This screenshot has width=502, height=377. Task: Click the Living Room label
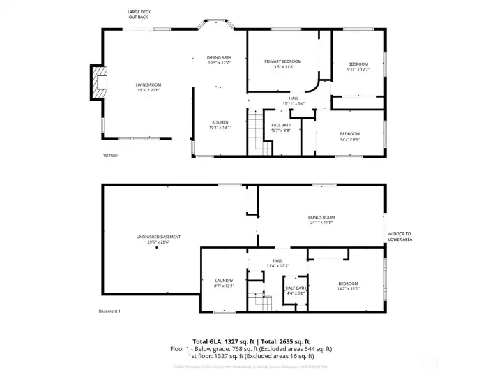(148, 87)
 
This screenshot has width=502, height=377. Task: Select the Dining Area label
(218, 60)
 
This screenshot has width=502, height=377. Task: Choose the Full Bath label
(281, 127)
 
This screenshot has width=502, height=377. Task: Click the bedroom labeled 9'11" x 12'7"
(358, 67)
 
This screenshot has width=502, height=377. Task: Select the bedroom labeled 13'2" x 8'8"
(349, 136)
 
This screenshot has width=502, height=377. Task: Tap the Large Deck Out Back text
(138, 15)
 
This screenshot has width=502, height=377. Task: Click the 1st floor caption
(110, 155)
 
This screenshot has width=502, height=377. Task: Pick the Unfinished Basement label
(153, 239)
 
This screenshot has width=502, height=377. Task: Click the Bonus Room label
(321, 219)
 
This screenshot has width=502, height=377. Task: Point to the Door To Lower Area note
(400, 237)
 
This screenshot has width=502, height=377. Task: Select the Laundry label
(224, 283)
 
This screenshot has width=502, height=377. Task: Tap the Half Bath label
(296, 290)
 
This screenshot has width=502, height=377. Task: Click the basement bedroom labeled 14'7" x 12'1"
(348, 286)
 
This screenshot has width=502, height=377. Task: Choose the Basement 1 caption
(109, 311)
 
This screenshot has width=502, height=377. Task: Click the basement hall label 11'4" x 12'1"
(277, 263)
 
